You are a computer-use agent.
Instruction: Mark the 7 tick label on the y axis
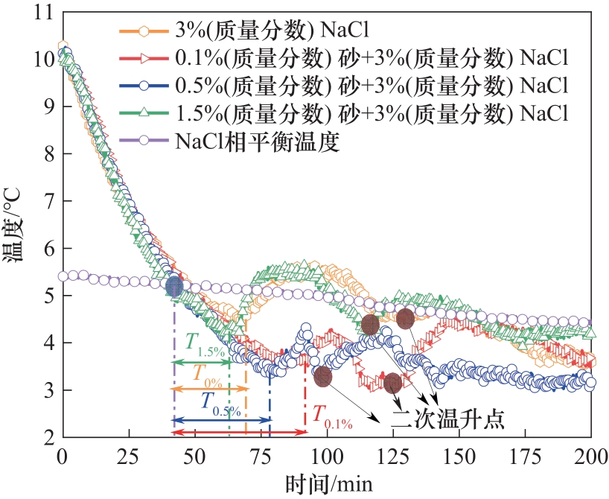click(x=47, y=201)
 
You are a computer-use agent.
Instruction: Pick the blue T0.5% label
click(x=220, y=402)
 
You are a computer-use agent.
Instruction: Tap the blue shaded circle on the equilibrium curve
click(x=174, y=286)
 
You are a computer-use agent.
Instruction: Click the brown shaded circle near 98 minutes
click(x=322, y=376)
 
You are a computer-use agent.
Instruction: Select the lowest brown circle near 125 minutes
click(x=393, y=384)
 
